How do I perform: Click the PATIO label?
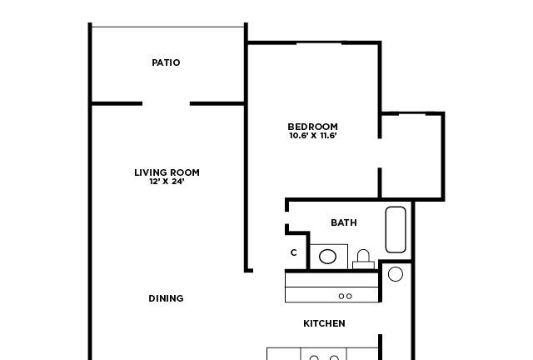click(x=166, y=62)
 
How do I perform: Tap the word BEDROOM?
click(x=313, y=127)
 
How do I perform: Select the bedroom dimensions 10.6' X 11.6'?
click(x=313, y=136)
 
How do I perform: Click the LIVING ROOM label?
click(x=167, y=172)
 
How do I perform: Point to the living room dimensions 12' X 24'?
click(x=167, y=182)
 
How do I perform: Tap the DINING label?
click(x=166, y=298)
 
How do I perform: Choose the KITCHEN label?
click(x=324, y=323)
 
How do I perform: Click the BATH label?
click(x=344, y=222)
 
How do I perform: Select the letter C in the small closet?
click(x=294, y=252)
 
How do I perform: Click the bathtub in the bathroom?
click(x=396, y=230)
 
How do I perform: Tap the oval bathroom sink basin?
click(x=327, y=256)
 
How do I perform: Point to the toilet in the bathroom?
click(x=363, y=260)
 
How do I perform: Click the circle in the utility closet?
click(x=396, y=274)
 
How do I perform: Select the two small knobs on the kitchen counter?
click(x=346, y=297)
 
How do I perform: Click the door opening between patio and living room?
click(x=166, y=103)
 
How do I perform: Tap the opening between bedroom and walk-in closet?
click(x=380, y=153)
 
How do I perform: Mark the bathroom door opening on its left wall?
click(x=286, y=217)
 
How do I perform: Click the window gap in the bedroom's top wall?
click(x=319, y=42)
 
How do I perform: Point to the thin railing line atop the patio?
click(x=168, y=27)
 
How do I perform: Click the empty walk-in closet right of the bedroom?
click(x=411, y=156)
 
